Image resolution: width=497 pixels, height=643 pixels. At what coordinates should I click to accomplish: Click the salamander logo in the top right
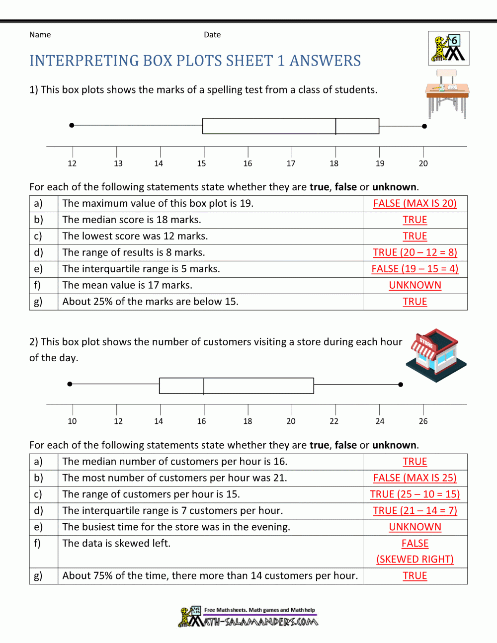(x=448, y=48)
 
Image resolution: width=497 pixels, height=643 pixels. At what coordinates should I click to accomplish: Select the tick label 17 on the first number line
(x=291, y=163)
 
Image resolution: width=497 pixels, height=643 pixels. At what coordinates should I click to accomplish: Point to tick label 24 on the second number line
(x=380, y=421)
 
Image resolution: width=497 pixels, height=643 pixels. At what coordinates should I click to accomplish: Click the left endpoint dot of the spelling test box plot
(x=72, y=125)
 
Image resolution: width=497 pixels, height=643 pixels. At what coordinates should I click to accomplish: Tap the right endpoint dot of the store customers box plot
(x=401, y=384)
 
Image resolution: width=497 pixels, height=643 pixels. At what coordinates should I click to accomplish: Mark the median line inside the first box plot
(x=336, y=126)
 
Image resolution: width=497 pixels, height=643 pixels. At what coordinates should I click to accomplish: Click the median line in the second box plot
(x=204, y=386)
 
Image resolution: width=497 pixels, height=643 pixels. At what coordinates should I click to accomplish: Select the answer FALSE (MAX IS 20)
(x=415, y=203)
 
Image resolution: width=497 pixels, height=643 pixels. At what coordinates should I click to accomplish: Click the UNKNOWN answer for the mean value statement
(x=415, y=285)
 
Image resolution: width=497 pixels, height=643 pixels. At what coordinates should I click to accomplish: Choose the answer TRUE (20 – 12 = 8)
(x=415, y=252)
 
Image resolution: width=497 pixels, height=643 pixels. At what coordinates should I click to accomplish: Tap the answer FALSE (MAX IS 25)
(x=415, y=478)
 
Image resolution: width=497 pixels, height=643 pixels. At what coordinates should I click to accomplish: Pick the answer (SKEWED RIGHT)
(x=415, y=560)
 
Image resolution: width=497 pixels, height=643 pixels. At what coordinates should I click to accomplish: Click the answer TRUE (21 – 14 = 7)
(x=415, y=511)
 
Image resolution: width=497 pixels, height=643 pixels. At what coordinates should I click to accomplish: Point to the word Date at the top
(x=212, y=35)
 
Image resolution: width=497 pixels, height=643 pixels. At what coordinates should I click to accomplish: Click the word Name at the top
(x=40, y=35)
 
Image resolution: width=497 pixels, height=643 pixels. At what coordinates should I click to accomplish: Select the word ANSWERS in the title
(x=325, y=61)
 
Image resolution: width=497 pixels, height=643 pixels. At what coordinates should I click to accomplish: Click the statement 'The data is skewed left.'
(x=116, y=544)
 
